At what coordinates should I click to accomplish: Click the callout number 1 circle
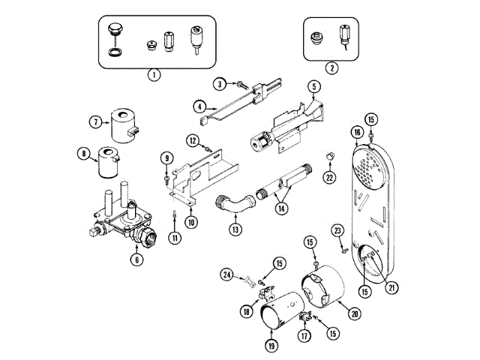pyautogui.click(x=154, y=74)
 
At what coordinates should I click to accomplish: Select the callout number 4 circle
pyautogui.click(x=200, y=106)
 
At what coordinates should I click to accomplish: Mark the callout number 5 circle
pyautogui.click(x=313, y=87)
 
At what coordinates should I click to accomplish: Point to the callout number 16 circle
pyautogui.click(x=357, y=132)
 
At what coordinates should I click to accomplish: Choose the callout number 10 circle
pyautogui.click(x=192, y=221)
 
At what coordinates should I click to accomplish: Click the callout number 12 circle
pyautogui.click(x=192, y=140)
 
